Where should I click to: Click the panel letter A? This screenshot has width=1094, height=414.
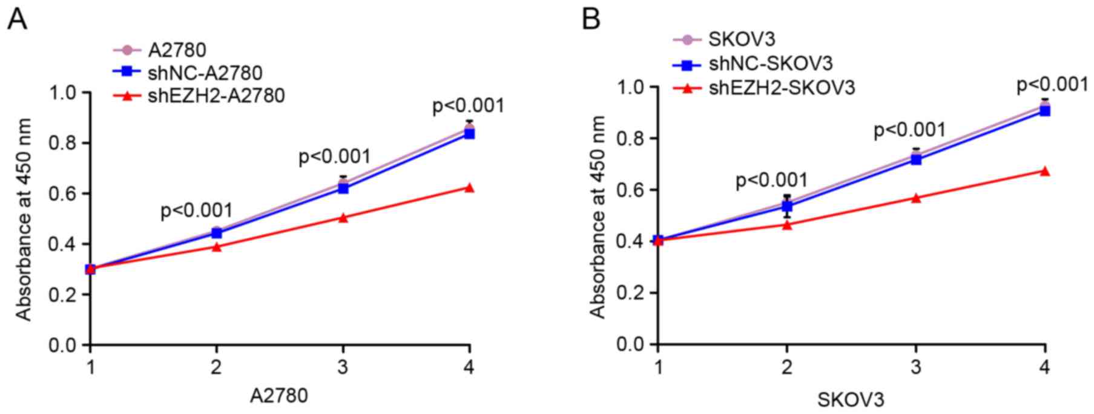(x=17, y=19)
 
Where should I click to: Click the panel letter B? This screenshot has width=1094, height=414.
(x=591, y=19)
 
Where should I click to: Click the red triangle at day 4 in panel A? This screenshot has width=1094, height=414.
(x=469, y=188)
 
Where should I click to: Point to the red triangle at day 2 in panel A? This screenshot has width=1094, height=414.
(x=217, y=247)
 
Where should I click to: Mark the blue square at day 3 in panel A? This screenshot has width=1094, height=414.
(x=343, y=188)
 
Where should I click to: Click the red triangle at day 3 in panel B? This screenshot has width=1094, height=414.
(x=916, y=198)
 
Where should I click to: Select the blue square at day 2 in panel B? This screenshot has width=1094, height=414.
(x=787, y=207)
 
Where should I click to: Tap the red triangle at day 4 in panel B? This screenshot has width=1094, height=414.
(x=1044, y=172)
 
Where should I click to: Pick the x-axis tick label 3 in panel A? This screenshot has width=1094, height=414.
(x=343, y=367)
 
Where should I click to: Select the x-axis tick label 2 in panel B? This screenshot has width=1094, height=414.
(x=787, y=367)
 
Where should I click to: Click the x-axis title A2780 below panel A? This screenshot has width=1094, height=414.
(x=279, y=396)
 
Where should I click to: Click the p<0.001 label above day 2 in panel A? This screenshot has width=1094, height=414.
(x=196, y=211)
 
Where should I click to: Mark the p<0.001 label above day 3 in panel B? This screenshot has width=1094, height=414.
(x=909, y=130)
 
